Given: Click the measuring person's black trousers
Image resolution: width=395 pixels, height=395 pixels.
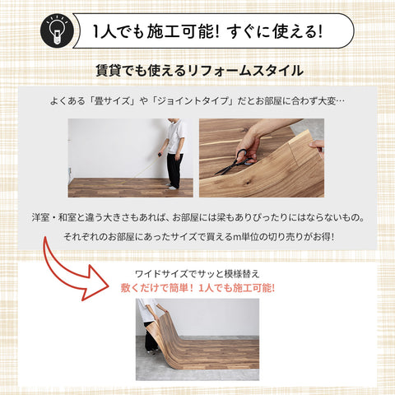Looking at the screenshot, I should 174,170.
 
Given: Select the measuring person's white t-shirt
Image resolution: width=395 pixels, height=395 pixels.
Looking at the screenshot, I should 176,137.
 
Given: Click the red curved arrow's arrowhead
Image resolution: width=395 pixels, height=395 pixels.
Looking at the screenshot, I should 102,290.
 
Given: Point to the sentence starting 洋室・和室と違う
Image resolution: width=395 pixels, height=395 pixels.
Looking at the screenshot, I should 197,219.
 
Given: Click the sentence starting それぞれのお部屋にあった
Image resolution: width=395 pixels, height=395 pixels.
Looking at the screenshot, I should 197,238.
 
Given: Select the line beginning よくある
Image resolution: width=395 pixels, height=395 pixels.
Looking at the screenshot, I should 197,102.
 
